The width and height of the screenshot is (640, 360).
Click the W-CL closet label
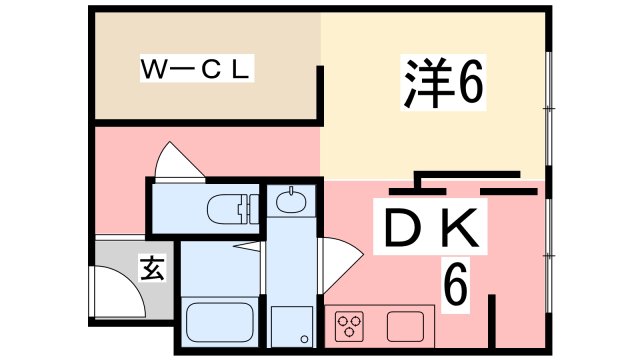[198, 71]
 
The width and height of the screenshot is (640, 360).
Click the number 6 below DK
[455, 287]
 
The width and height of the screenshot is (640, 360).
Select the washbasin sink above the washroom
[291, 201]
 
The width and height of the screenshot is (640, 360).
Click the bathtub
[220, 323]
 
